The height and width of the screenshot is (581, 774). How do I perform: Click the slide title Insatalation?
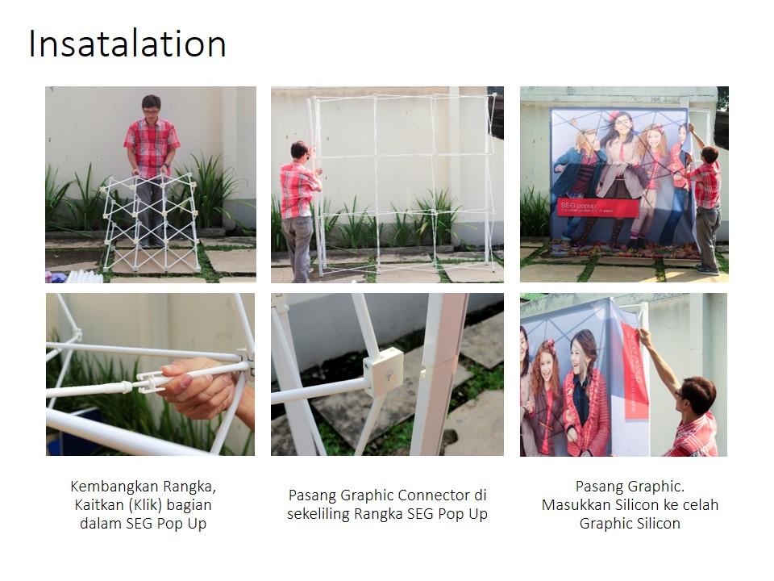click(127, 44)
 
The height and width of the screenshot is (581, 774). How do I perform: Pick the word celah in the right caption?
click(701, 505)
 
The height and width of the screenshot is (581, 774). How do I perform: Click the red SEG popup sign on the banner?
click(597, 207)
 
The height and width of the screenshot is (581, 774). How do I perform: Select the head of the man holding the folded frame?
click(151, 106)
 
